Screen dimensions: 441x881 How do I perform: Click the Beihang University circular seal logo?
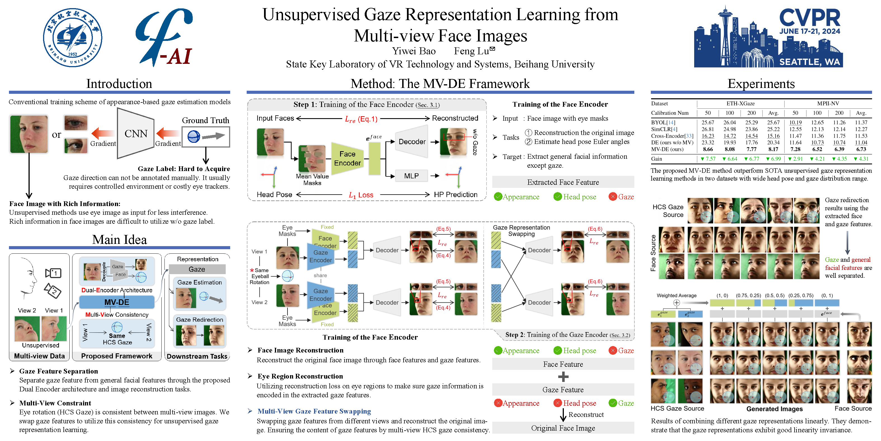[x=72, y=38]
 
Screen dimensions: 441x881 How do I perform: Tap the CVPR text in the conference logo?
[x=809, y=18]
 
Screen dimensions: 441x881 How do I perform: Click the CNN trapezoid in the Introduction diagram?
[x=136, y=134]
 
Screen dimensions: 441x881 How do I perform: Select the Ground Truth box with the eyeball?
[x=206, y=137]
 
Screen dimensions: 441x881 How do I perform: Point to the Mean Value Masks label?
[x=312, y=179]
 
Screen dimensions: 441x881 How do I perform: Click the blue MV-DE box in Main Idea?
[x=117, y=302]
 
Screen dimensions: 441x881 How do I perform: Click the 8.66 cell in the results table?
[x=708, y=149]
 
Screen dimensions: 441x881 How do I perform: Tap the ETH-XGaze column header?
[x=740, y=103]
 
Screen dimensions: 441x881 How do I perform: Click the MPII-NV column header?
[x=828, y=103]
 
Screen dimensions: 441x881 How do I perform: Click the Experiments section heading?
[x=761, y=84]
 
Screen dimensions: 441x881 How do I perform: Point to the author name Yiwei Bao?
[x=414, y=51]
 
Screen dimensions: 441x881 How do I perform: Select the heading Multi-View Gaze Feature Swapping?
[x=314, y=411]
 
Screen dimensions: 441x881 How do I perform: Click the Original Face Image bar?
[x=563, y=428]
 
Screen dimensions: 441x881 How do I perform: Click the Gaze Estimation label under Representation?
[x=199, y=283]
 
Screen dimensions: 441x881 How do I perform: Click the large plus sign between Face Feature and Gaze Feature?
[x=563, y=377]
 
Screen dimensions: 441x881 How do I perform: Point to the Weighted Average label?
[x=676, y=295]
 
